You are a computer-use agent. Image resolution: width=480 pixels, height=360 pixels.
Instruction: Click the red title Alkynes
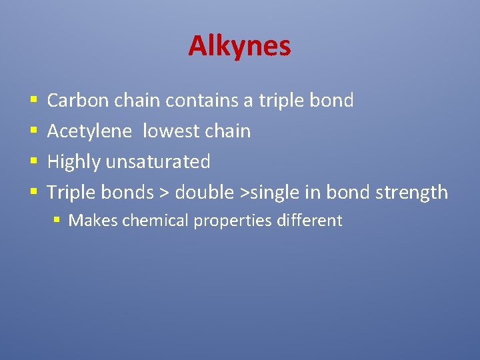coord(239,46)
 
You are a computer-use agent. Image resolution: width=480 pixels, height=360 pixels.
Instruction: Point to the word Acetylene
coord(89,131)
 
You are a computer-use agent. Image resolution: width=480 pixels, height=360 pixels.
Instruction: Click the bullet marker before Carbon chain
coord(33,101)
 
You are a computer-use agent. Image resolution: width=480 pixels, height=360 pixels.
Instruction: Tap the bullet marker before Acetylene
coord(33,132)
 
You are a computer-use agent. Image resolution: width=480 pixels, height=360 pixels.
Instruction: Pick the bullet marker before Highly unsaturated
coord(33,163)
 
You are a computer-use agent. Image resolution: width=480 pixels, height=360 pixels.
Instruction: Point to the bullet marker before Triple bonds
coord(33,193)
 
